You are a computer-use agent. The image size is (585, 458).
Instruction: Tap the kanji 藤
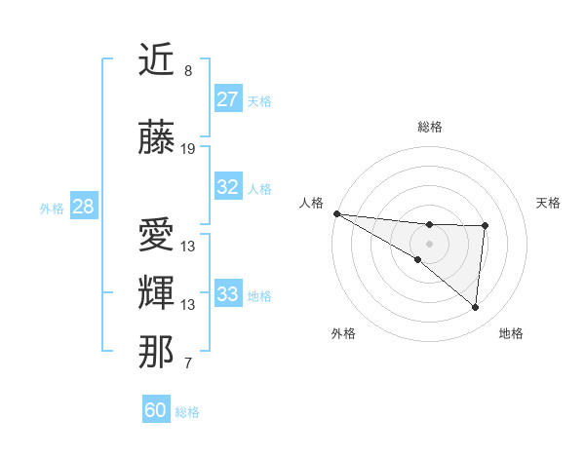(x=156, y=138)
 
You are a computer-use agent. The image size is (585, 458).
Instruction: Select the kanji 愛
(x=156, y=235)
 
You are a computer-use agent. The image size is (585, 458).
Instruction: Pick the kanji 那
(x=156, y=352)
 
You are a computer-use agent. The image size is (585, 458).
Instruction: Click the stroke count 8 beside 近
(x=188, y=71)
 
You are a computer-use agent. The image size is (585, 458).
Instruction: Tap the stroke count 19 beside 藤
(x=188, y=149)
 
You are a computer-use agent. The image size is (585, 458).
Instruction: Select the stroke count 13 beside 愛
(x=188, y=246)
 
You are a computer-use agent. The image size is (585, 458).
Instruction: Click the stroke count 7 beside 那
(x=188, y=363)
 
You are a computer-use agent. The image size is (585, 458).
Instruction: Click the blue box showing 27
(x=228, y=99)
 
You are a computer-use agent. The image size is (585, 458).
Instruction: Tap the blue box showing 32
(x=228, y=187)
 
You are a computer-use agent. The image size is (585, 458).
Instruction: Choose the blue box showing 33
(x=228, y=294)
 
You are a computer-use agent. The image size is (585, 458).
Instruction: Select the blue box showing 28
(x=83, y=207)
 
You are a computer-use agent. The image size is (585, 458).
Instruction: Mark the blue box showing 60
(x=156, y=410)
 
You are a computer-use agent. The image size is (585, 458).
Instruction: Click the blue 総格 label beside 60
(x=187, y=412)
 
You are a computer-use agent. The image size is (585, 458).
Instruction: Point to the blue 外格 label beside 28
(x=51, y=209)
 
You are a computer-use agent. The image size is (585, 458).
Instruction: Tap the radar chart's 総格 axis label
(x=429, y=127)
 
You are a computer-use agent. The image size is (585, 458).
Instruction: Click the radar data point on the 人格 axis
(x=336, y=212)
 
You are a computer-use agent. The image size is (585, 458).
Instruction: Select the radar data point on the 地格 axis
(x=476, y=307)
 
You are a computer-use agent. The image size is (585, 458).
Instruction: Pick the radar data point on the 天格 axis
(x=485, y=226)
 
